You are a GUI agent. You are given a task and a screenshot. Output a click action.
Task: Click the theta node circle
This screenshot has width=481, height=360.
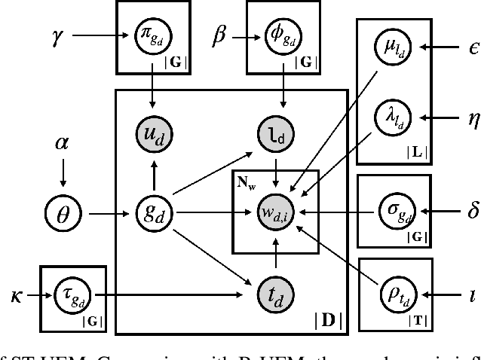[63, 214]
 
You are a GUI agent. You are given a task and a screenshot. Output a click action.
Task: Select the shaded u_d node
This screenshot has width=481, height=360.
[154, 134]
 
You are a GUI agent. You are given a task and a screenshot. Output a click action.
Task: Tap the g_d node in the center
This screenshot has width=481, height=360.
[154, 214]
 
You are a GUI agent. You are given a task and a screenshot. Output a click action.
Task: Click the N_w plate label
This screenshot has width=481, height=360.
[245, 184]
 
